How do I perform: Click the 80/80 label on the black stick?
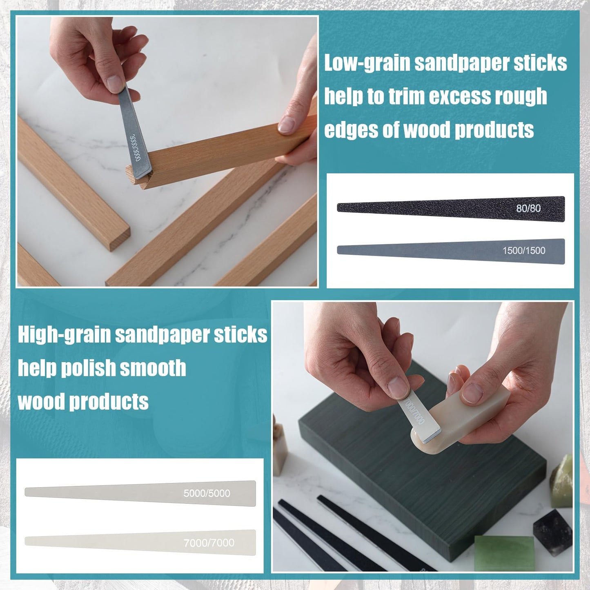528,208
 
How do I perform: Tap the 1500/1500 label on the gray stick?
523,251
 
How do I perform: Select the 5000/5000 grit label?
207,493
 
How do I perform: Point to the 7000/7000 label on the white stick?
209,543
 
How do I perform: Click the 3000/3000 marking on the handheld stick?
135,148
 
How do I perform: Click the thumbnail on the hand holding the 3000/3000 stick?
116,83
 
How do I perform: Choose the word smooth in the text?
153,368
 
